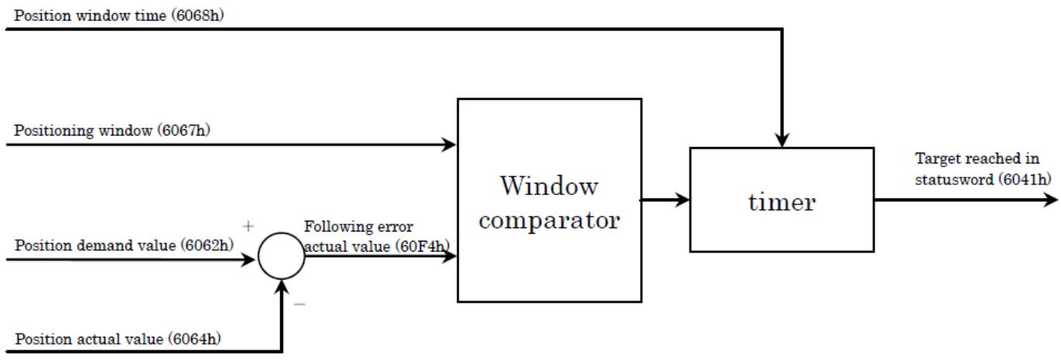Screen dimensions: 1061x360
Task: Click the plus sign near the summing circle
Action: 248,226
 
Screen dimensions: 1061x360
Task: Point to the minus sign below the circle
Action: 299,304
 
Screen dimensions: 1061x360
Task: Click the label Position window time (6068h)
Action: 119,15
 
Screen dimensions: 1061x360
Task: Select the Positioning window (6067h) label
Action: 112,130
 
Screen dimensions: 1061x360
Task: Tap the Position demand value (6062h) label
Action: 124,245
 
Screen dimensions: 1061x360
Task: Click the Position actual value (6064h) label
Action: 118,339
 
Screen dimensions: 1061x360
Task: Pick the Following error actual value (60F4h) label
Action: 377,236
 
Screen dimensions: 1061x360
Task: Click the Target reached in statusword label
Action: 983,169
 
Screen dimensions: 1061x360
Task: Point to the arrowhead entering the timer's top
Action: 782,140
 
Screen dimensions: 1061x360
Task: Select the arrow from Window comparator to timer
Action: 665,200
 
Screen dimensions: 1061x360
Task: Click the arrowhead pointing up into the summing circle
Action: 282,287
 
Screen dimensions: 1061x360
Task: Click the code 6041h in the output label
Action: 1025,180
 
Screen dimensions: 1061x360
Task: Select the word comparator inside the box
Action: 549,221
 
